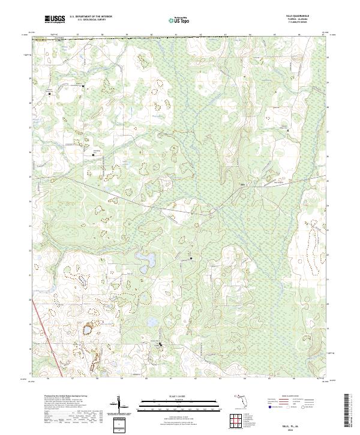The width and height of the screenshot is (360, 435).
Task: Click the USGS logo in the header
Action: click(55, 19)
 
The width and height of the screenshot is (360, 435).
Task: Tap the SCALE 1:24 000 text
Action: click(179, 396)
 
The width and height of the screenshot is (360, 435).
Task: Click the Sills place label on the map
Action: click(242, 184)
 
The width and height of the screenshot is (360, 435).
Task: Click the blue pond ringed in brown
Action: click(88, 329)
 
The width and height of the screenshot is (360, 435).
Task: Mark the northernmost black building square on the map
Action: click(83, 86)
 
